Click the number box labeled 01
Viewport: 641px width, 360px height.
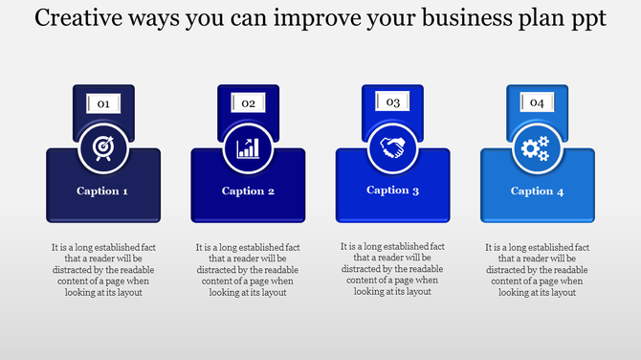103,103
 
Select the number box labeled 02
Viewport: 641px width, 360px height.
248,103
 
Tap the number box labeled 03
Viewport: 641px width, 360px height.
392,102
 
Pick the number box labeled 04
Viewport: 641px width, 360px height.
537,102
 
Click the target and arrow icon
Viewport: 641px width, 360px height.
103,148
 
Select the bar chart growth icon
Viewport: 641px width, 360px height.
248,148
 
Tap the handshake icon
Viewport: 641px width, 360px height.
392,147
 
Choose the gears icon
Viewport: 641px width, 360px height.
537,148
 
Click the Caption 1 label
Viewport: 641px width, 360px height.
103,191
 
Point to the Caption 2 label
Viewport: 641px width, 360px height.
248,191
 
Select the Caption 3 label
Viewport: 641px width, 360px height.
392,190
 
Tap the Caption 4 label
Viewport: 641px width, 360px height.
537,191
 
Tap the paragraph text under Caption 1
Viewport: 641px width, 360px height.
103,269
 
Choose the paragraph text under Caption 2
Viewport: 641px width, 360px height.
248,269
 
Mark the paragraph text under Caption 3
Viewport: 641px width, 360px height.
392,268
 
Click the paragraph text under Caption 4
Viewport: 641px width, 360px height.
537,269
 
